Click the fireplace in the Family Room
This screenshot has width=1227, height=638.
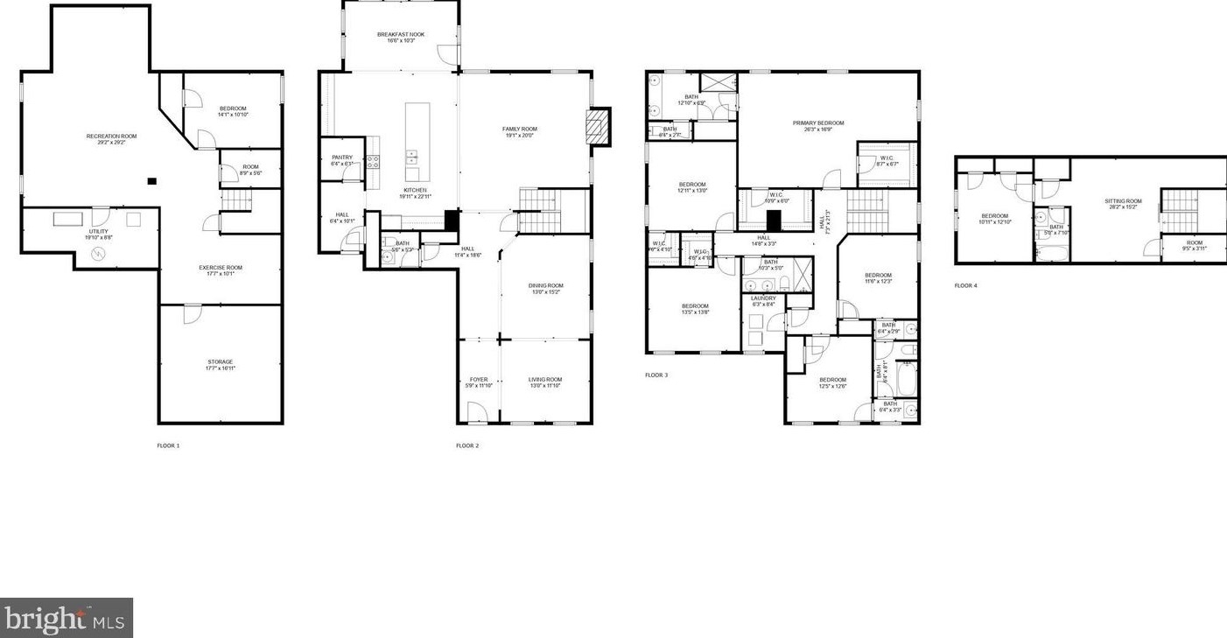[x=598, y=125]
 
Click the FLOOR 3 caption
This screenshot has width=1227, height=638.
[x=656, y=375]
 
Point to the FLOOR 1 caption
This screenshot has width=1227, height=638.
[x=168, y=446]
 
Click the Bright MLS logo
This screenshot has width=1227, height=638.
[x=66, y=618]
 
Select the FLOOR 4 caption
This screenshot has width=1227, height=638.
[x=965, y=286]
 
